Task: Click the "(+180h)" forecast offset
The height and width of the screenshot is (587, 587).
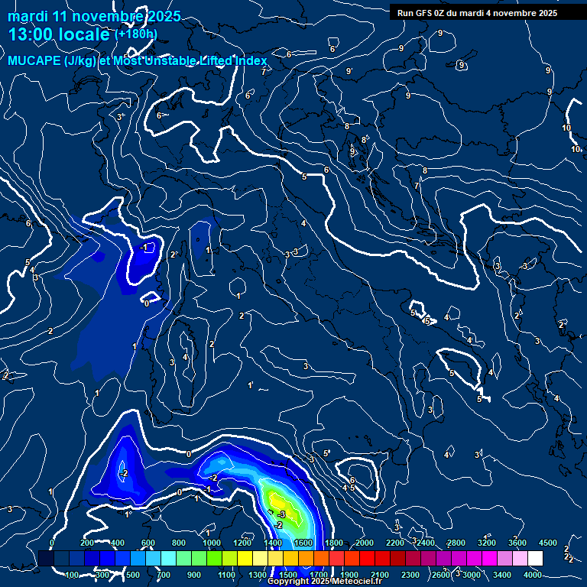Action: coord(135,34)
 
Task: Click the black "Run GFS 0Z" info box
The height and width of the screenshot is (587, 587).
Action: coord(477,12)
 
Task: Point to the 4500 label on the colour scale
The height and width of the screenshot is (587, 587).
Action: coord(548,543)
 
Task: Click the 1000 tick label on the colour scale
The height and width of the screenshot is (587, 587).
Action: coord(212,543)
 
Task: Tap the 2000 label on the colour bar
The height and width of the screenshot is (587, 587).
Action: coord(365,543)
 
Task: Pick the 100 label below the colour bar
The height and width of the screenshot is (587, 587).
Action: coord(73,575)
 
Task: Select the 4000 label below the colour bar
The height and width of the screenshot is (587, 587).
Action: coord(533,575)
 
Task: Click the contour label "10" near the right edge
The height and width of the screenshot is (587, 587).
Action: coord(566,128)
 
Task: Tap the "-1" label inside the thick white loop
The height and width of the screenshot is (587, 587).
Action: coord(143,248)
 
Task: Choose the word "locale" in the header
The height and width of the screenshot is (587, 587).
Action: coord(80,34)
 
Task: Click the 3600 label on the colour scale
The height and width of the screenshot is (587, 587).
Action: coord(517,543)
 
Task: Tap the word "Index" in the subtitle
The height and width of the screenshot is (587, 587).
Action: coord(250,61)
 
